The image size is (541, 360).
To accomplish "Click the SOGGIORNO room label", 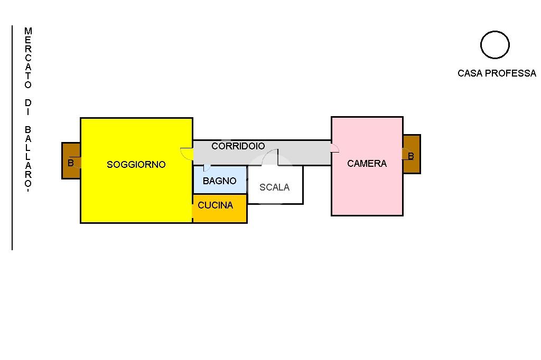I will (136, 165).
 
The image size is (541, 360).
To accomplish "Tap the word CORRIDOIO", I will (238, 146).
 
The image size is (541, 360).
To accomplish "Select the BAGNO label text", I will (220, 181).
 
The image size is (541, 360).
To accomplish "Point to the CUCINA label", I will (216, 205).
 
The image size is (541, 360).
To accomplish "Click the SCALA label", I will (274, 187).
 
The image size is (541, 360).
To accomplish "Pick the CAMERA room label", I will (367, 164).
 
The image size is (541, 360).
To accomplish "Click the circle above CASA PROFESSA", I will (495, 45).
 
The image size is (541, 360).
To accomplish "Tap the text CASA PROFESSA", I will (497, 73).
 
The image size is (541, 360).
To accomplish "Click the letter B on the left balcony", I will (70, 163).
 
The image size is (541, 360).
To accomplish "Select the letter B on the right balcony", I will (411, 156).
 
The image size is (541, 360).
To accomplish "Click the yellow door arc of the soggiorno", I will (186, 154).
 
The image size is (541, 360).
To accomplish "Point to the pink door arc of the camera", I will (334, 148).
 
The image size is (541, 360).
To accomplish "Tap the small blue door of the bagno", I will (207, 168).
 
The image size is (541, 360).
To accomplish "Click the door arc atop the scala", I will (270, 157).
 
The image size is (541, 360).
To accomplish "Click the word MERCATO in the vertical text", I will (28, 58).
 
